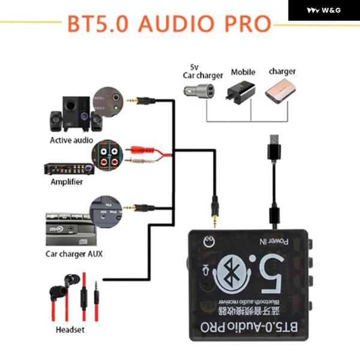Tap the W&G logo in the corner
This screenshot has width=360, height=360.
pyautogui.click(x=323, y=10)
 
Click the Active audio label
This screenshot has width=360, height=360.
pyautogui.click(x=71, y=140)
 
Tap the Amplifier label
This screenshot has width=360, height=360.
pyautogui.click(x=67, y=182)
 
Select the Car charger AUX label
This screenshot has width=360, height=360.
pyautogui.click(x=74, y=253)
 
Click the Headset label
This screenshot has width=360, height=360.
pyautogui.click(x=70, y=329)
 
